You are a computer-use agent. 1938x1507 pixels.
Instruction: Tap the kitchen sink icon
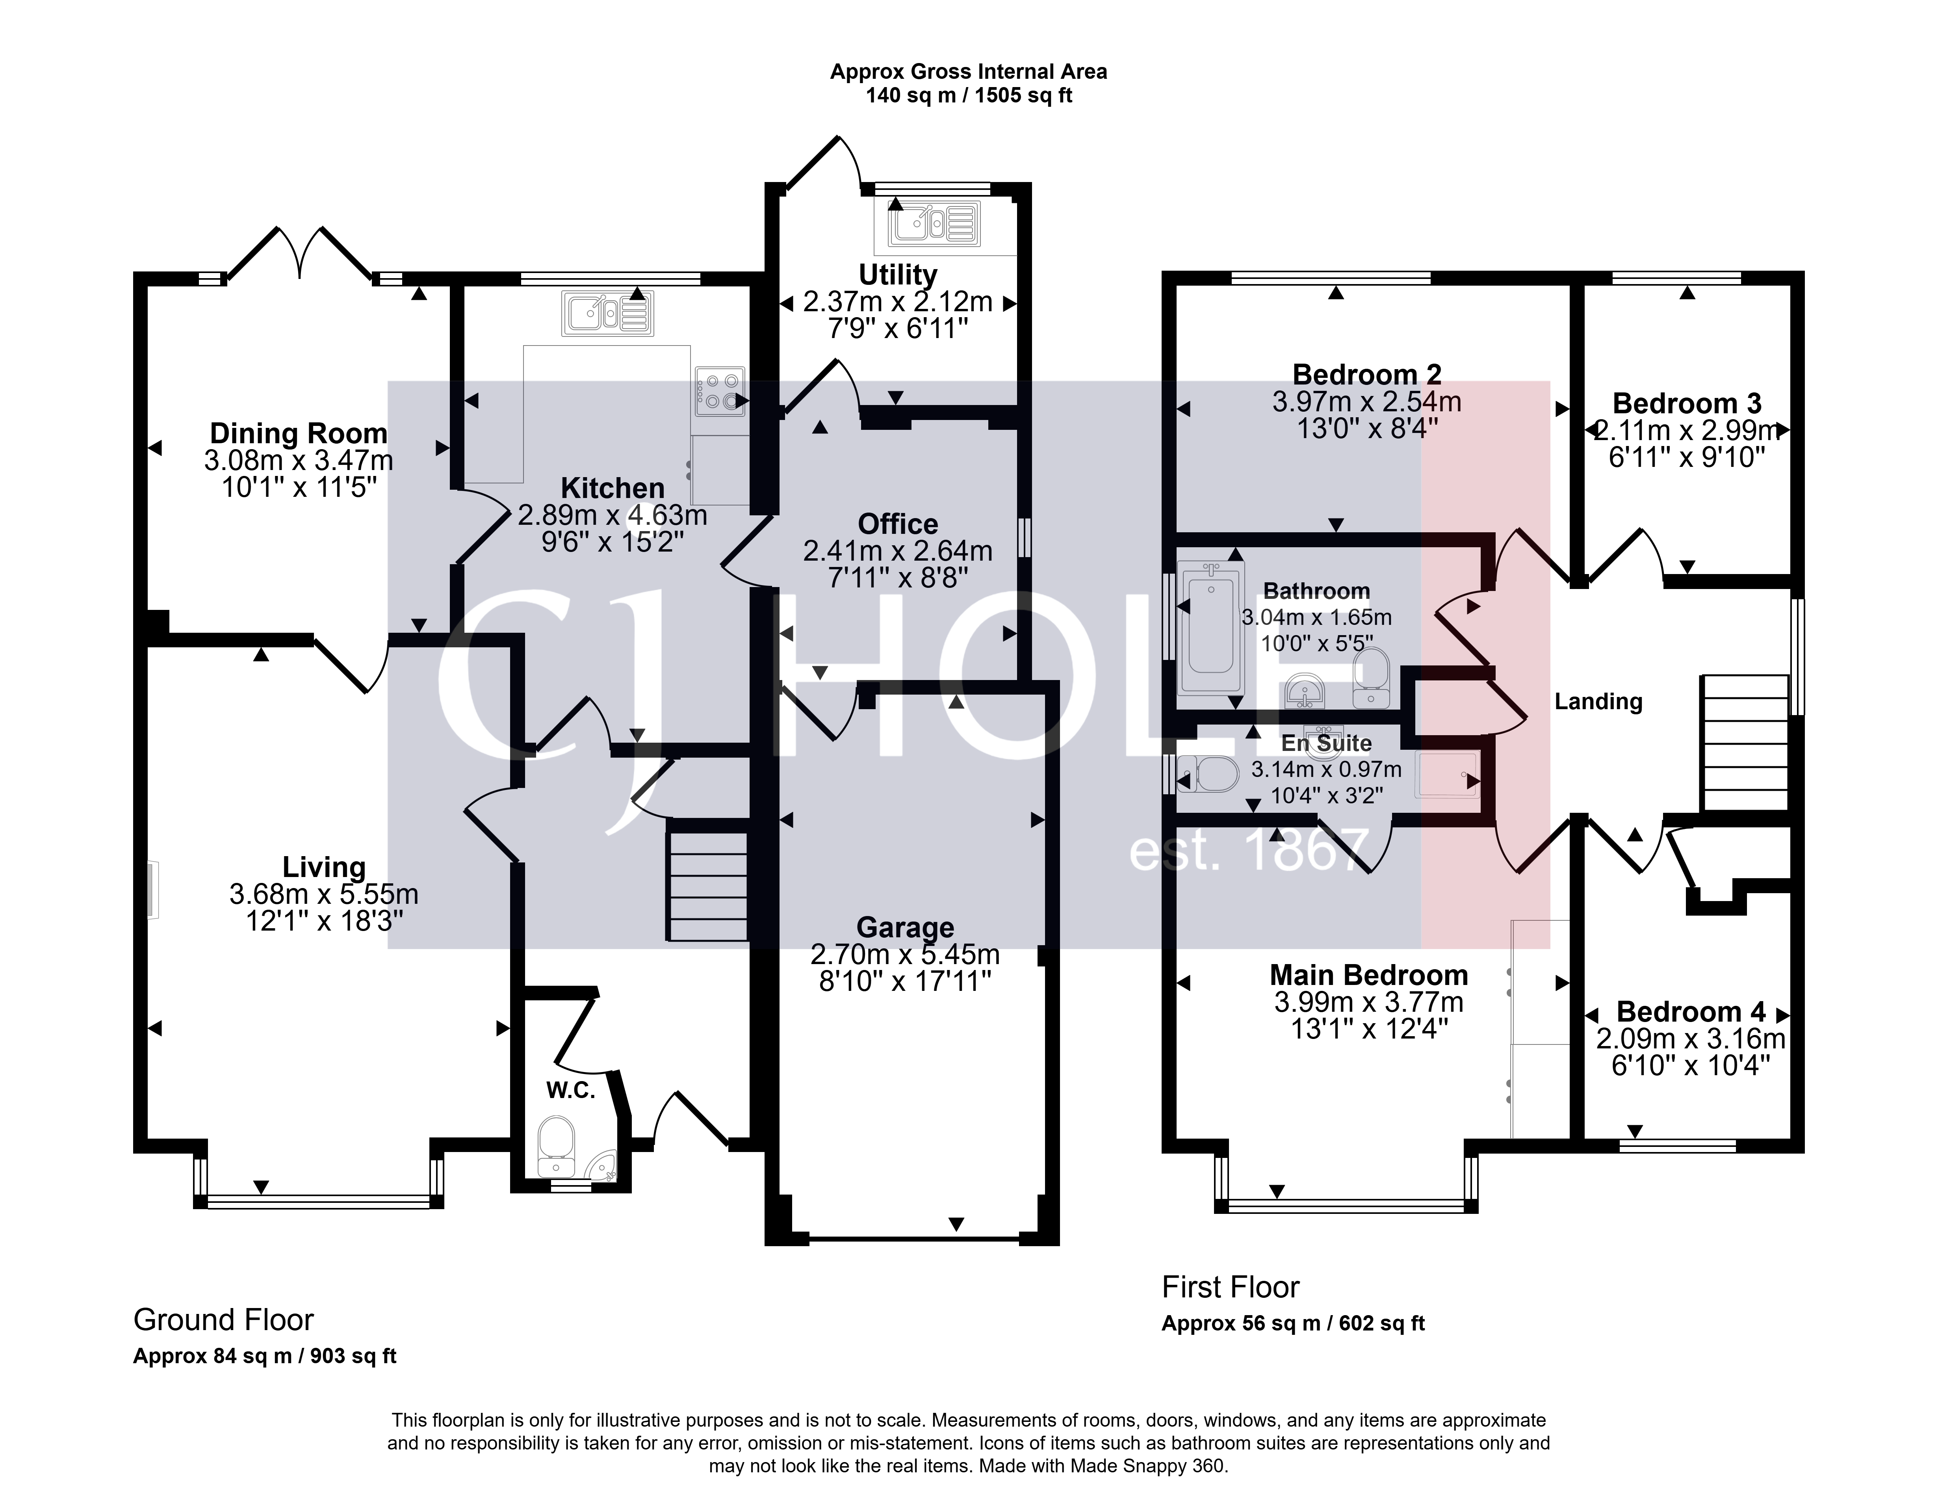(x=608, y=313)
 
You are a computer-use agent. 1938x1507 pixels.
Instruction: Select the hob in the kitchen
(x=720, y=391)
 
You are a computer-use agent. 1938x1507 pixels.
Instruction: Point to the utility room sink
(x=934, y=222)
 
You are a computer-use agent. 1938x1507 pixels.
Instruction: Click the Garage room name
(x=905, y=927)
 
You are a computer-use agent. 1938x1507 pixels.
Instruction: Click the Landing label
(x=1598, y=702)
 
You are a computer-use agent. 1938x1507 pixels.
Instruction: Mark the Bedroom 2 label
(x=1366, y=375)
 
